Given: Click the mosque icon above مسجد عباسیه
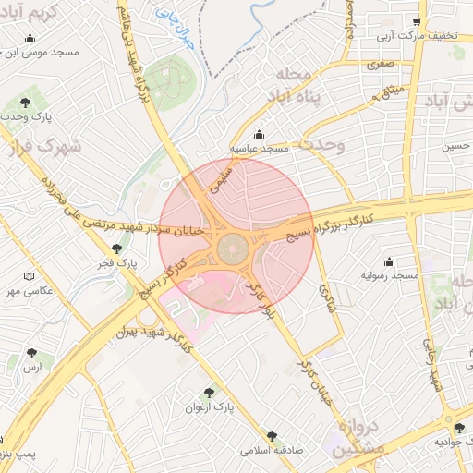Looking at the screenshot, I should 258,133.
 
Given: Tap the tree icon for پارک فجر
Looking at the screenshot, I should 116,249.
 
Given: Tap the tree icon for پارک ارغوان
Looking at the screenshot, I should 208,392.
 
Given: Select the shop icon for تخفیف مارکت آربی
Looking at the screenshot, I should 417,22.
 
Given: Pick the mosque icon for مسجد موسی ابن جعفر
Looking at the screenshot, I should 30,39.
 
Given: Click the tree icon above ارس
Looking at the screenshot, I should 32,352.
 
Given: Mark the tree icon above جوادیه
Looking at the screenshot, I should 459,427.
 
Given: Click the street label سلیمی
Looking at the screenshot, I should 225,176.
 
